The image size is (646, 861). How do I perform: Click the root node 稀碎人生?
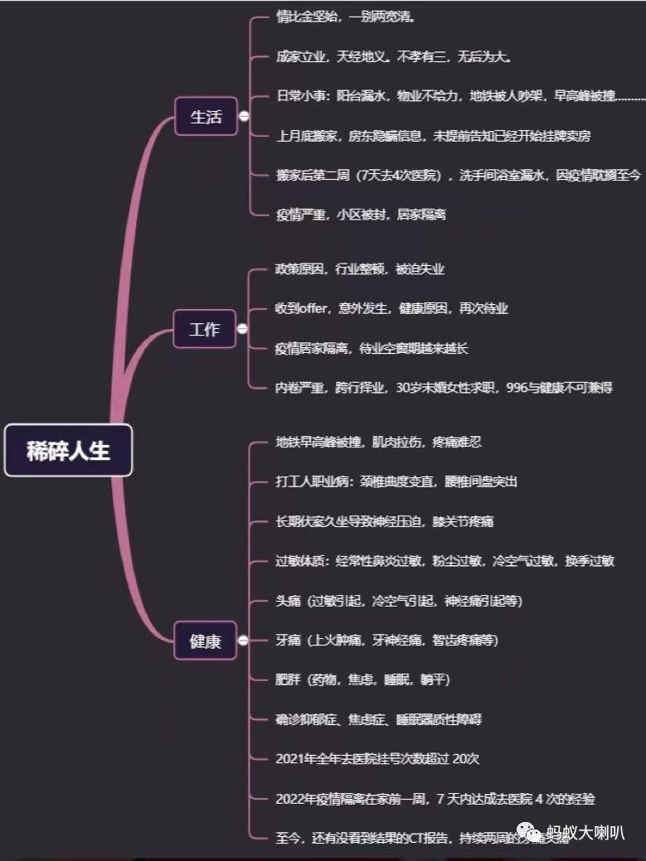[68, 451]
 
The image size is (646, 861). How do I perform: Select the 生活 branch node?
[206, 116]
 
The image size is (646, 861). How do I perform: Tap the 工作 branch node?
[204, 329]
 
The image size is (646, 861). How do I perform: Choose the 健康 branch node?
[205, 641]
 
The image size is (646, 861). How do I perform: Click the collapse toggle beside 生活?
[244, 117]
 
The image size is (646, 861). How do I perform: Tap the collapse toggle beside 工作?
[242, 329]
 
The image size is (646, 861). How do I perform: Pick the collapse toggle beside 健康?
[243, 641]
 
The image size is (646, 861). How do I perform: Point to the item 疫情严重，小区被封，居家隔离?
[361, 215]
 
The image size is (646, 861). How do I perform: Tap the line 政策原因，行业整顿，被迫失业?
[361, 269]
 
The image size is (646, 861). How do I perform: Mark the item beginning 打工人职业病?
[396, 481]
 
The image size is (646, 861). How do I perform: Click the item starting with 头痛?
[399, 601]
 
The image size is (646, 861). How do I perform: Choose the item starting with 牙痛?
[386, 641]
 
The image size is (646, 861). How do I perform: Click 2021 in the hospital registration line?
[291, 758]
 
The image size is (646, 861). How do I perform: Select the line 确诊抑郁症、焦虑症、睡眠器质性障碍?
[390, 719]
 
